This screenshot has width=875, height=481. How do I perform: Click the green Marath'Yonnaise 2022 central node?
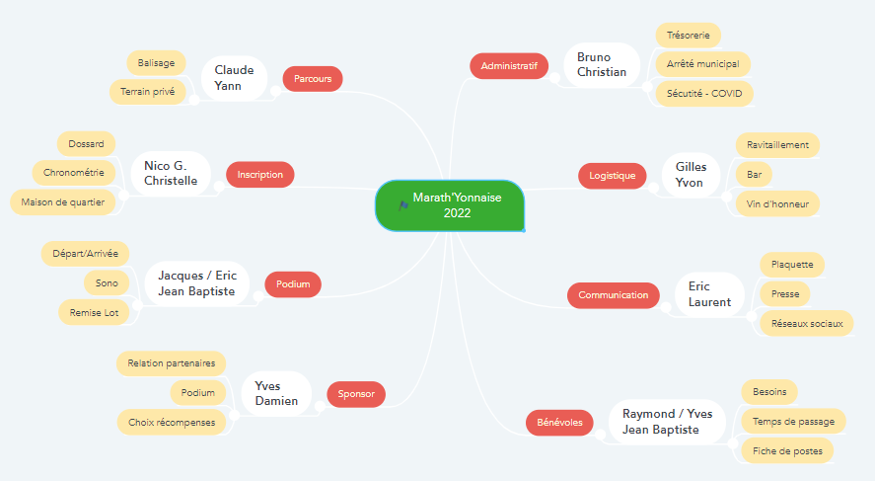tap(450, 205)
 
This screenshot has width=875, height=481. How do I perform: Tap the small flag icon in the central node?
tap(403, 205)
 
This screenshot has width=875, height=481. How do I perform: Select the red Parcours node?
tap(313, 79)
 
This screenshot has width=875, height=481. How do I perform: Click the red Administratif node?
tap(509, 66)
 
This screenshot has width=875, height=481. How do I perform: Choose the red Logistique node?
tap(613, 176)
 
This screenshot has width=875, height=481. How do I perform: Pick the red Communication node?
tap(614, 295)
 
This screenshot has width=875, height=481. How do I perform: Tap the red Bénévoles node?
tap(559, 423)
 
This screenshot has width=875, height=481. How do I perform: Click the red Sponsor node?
tap(356, 394)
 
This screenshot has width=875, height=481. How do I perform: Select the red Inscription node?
tap(260, 174)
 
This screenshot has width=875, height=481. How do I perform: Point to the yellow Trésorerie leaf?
tap(688, 36)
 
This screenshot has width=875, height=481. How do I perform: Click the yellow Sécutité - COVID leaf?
tap(704, 93)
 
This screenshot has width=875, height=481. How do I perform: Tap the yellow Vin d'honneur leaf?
tap(777, 203)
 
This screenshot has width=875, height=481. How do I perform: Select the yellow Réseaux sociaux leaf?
tap(807, 323)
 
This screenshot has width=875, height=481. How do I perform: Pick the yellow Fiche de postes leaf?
tap(787, 450)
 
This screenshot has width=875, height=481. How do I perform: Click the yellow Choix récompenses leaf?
tap(172, 423)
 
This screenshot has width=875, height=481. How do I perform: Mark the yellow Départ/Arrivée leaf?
tap(86, 254)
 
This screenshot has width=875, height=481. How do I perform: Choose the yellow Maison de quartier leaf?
tap(62, 202)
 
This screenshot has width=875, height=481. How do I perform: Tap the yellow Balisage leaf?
tap(156, 63)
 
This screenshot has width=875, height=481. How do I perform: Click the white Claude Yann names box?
tap(235, 78)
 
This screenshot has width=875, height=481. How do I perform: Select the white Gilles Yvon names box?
tap(691, 175)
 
